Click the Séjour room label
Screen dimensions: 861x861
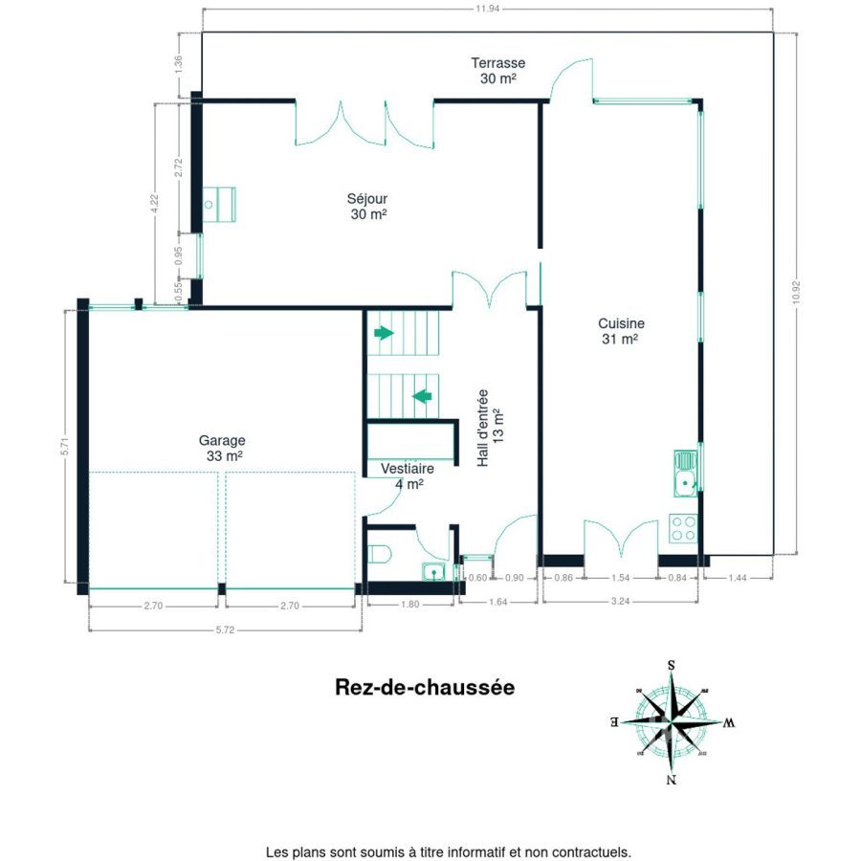(367, 206)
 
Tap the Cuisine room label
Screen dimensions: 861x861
(621, 331)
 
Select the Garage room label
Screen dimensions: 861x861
(222, 448)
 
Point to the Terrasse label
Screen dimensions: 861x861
(498, 70)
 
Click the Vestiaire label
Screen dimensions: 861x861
(408, 475)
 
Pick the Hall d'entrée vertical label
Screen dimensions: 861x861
(491, 429)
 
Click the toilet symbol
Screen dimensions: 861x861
(378, 554)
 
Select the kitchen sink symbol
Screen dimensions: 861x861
(686, 474)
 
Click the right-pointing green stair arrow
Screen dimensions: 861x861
(384, 333)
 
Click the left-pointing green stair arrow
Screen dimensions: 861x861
(422, 396)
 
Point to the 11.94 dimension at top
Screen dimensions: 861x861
(487, 9)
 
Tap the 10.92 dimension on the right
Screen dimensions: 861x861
(796, 293)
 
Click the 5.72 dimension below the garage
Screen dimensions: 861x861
(225, 629)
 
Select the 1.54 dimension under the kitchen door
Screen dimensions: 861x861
(621, 578)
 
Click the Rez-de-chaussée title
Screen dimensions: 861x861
(425, 688)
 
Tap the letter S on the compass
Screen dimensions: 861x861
(671, 665)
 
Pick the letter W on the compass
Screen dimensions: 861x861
(729, 722)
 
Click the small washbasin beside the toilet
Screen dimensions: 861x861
(433, 572)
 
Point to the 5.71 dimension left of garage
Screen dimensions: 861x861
(65, 446)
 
